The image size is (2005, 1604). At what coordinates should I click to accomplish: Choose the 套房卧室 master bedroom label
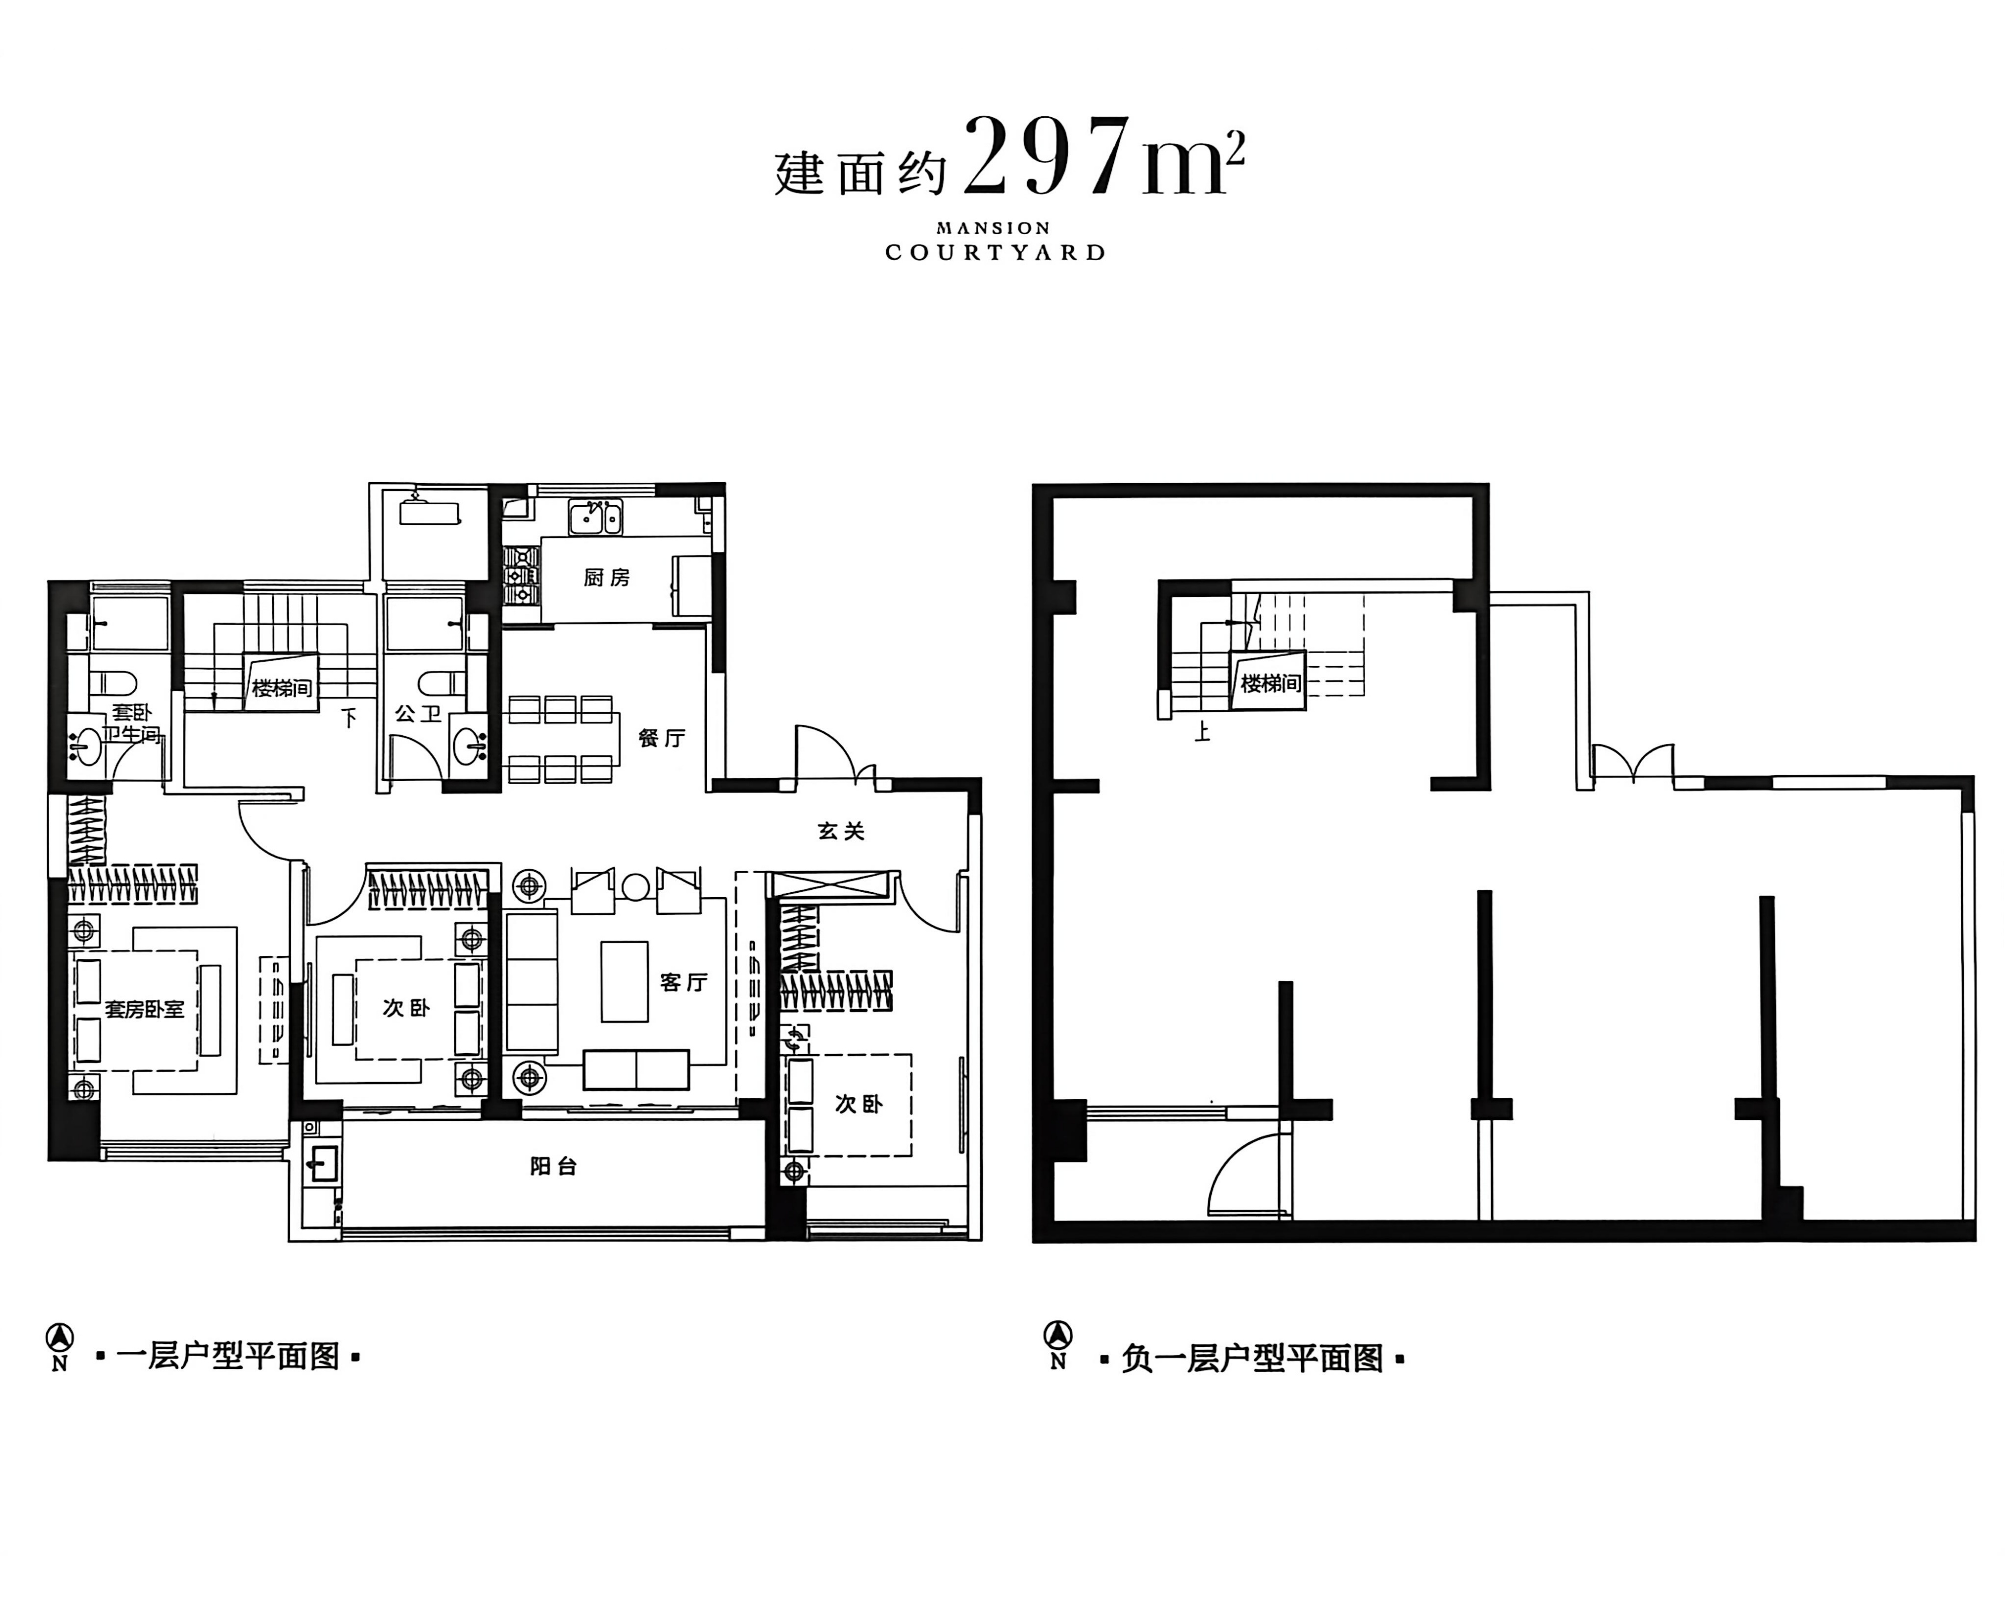tap(144, 1009)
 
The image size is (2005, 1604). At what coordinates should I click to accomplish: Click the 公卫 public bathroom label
tap(418, 714)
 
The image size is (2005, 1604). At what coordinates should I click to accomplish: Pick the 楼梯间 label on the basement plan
tap(1270, 683)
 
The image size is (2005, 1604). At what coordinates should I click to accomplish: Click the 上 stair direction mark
tap(1202, 733)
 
